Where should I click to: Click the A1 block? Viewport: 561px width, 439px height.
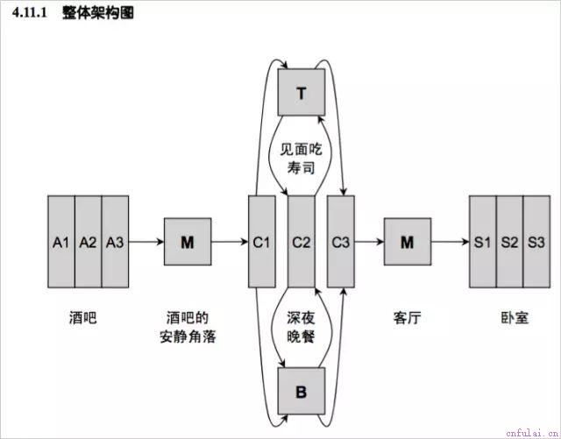click(61, 242)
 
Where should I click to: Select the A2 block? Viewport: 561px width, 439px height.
click(89, 242)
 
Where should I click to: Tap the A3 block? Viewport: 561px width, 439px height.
click(115, 242)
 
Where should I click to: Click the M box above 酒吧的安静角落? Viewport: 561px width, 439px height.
click(188, 242)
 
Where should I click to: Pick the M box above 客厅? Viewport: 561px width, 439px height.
click(408, 242)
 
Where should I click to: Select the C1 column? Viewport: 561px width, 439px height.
click(262, 242)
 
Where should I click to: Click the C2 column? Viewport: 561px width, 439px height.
click(302, 242)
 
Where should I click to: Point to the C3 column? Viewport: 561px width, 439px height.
click(341, 242)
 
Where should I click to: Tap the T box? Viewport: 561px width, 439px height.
click(302, 92)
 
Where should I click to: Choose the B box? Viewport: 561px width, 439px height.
click(302, 391)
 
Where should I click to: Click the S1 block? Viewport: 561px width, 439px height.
click(483, 242)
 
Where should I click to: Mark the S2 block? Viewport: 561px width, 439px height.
click(509, 242)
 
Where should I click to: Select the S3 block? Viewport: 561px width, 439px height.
click(536, 242)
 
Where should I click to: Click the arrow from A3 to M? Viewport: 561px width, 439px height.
click(146, 242)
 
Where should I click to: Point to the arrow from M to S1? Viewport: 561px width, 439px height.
click(450, 242)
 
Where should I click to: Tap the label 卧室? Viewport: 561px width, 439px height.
click(515, 318)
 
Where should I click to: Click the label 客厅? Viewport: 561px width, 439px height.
click(407, 318)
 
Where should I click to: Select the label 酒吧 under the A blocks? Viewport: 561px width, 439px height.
click(83, 318)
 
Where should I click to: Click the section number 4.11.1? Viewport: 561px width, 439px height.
click(30, 13)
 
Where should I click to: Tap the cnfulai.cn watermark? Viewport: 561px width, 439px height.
click(533, 433)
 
